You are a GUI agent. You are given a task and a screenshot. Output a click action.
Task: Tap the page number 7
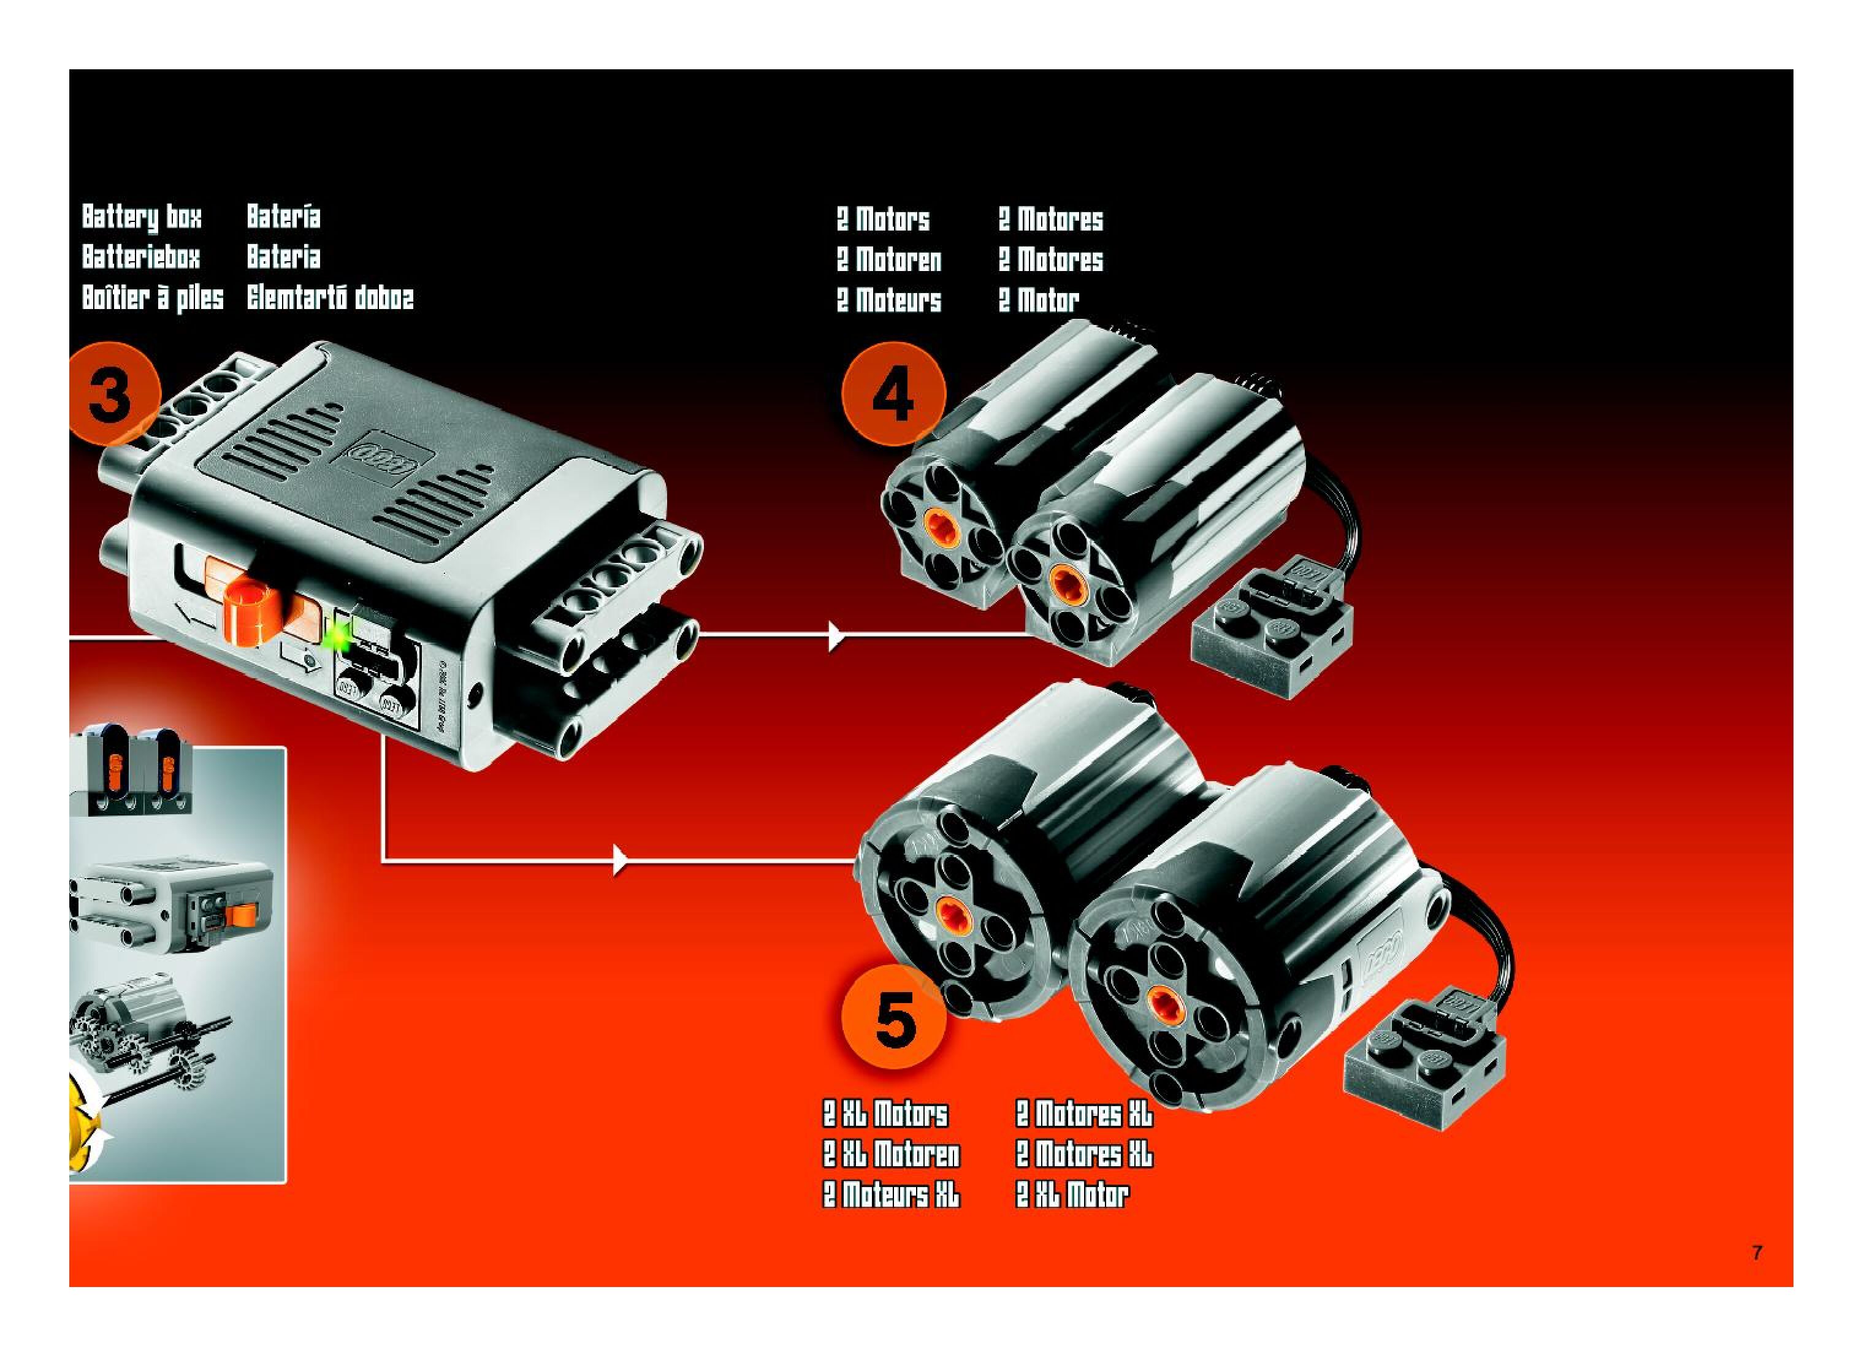[1757, 1252]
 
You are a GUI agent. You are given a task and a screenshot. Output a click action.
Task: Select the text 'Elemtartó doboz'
[330, 297]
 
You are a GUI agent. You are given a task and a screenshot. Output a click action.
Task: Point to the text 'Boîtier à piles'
[152, 297]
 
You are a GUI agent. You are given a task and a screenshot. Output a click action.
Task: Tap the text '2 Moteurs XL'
[891, 1194]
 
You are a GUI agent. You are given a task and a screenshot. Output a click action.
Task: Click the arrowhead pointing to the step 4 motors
[836, 635]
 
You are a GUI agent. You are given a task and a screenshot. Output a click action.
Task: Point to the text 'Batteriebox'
[141, 257]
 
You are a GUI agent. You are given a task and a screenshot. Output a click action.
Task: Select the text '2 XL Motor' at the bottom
[1071, 1194]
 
